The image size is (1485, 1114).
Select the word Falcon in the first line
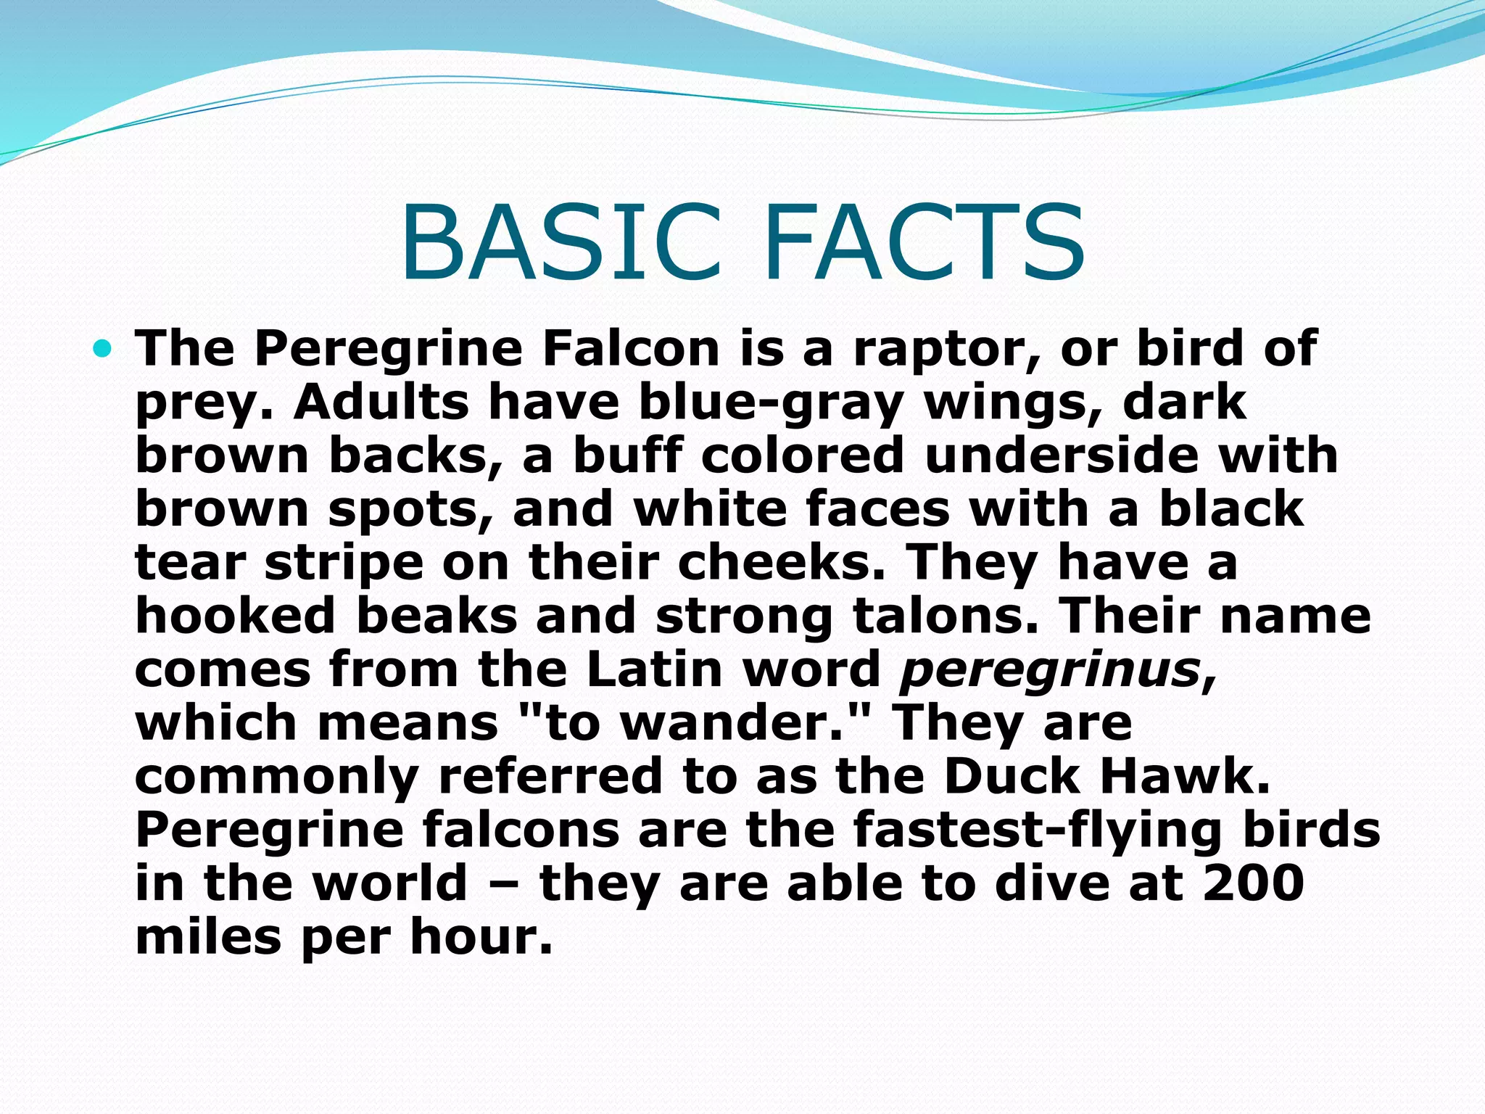pos(630,349)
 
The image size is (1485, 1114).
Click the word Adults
pos(381,402)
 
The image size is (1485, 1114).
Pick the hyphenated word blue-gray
pos(772,403)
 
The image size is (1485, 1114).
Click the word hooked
pos(236,616)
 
